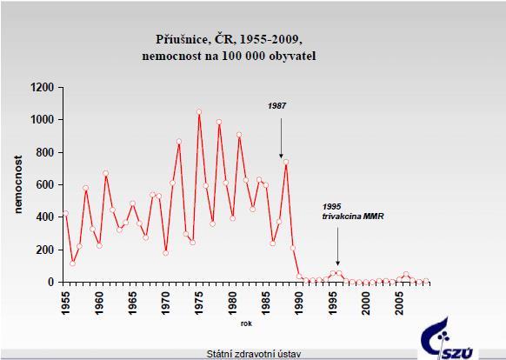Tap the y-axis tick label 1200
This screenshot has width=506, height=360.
click(x=43, y=88)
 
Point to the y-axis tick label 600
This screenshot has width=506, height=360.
click(x=46, y=184)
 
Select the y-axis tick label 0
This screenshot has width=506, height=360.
click(x=51, y=282)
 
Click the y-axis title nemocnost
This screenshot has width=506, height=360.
click(x=18, y=184)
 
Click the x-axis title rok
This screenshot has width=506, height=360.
click(x=246, y=323)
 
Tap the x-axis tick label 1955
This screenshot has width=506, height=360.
click(x=65, y=303)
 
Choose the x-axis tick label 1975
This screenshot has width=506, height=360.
click(x=199, y=303)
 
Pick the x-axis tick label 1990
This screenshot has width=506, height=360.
click(x=299, y=303)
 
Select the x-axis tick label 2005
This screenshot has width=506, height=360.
click(x=399, y=303)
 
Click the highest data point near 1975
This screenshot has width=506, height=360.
click(x=199, y=112)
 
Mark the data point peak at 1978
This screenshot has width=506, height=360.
click(x=219, y=122)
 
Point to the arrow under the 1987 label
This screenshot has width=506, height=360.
click(x=281, y=138)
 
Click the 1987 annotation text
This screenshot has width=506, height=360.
click(x=276, y=106)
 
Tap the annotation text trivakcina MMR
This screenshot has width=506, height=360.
click(x=353, y=217)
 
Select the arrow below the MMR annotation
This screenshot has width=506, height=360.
click(x=338, y=246)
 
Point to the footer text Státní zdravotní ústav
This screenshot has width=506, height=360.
click(x=254, y=354)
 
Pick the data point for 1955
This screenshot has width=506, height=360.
click(x=65, y=213)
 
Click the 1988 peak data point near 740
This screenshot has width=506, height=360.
click(x=285, y=162)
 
